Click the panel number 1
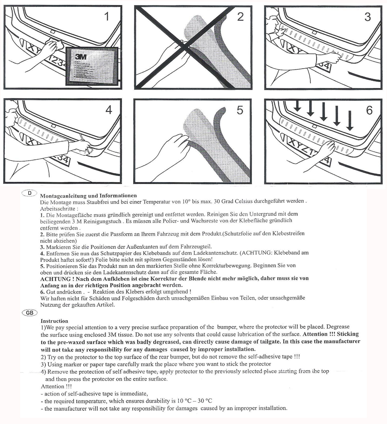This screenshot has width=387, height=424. tap(107, 17)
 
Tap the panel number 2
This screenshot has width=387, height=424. tap(240, 17)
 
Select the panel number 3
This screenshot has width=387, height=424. tap(367, 17)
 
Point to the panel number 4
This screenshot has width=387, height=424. tap(109, 110)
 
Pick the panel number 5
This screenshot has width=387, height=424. tap(240, 110)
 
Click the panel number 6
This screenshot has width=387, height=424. tap(369, 110)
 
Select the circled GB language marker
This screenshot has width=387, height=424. tap(30, 313)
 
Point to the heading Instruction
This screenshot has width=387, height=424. tap(54, 321)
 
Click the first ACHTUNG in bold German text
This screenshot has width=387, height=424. tap(55, 278)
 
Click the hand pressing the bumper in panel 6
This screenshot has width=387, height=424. tap(326, 149)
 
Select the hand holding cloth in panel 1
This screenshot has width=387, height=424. tap(51, 48)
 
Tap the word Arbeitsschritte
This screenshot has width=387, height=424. tap(57, 208)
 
